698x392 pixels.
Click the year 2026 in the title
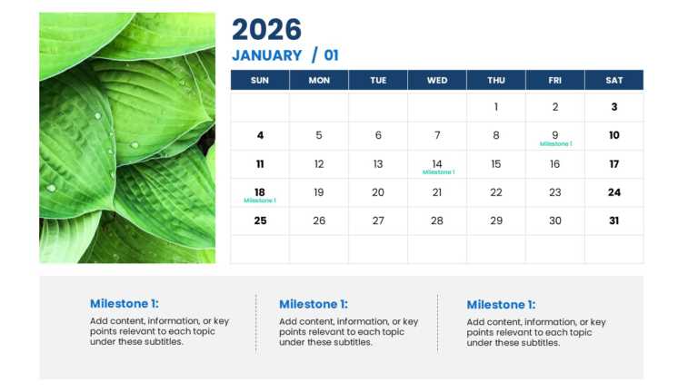tap(266, 29)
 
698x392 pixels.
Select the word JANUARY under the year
tap(266, 55)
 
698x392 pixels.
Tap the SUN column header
tap(260, 80)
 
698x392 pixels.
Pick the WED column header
tap(437, 80)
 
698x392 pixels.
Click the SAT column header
tap(614, 80)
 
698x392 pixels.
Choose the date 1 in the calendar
tap(496, 107)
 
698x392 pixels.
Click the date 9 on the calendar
tap(555, 135)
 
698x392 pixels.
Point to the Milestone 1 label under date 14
tap(438, 171)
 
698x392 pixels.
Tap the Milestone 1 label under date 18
tap(260, 201)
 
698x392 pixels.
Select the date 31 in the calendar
tap(614, 220)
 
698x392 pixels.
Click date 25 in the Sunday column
tap(260, 220)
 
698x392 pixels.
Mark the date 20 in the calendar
tap(378, 192)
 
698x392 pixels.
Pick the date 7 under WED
tap(437, 136)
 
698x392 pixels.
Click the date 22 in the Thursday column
tap(496, 192)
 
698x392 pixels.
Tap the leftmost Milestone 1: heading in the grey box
tap(124, 304)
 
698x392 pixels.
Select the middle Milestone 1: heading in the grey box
tap(314, 305)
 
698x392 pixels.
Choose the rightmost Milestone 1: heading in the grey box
tap(501, 305)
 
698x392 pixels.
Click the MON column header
tap(319, 80)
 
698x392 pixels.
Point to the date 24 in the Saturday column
tap(614, 192)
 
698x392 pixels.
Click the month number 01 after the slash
tap(331, 55)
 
